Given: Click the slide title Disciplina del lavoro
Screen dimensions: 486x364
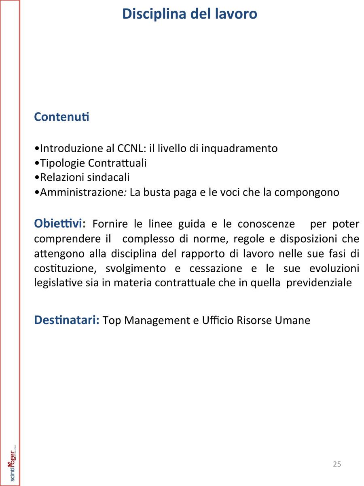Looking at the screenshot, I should click(189, 14).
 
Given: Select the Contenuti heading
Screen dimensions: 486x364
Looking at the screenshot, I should click(61, 117).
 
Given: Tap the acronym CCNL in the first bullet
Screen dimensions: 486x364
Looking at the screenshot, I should click(129, 149).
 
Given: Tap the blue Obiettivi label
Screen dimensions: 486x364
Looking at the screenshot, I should click(60, 224).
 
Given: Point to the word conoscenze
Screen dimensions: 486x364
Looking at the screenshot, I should click(266, 224).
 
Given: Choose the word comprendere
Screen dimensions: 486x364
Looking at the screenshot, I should click(64, 239).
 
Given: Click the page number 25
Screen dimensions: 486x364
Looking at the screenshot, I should click(337, 464).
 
